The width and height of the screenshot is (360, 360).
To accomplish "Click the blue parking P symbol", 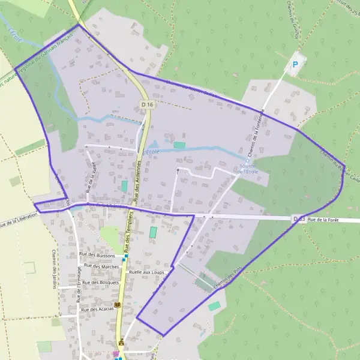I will point(294,65).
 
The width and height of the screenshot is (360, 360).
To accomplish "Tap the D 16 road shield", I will point(148,104).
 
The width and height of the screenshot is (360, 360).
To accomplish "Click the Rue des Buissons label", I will point(97,255).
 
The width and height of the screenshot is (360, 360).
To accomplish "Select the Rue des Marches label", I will point(101,266).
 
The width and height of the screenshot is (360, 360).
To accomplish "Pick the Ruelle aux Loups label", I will point(146,272).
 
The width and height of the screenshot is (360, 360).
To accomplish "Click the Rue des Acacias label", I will point(97,309).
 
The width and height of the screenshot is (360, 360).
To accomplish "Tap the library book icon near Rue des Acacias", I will point(118,305).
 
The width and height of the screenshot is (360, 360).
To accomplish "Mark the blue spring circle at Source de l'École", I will point(247,160).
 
